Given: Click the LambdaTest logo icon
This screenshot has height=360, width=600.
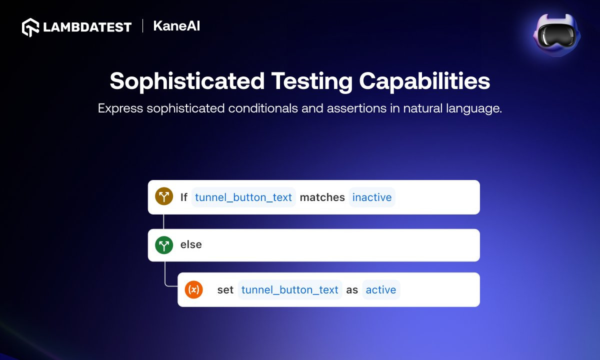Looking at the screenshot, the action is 30,27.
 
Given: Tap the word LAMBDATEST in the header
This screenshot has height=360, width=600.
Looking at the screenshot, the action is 87,27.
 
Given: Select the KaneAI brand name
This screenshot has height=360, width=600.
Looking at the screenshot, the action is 176,26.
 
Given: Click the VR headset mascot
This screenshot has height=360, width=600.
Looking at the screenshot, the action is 556,35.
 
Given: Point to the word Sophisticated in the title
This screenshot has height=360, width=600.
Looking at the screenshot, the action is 187,81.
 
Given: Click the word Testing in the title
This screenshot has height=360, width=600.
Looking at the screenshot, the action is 312,81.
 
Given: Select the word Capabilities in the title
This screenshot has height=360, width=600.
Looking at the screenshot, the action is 424,81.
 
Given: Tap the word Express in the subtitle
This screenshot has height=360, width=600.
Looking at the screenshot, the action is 120,108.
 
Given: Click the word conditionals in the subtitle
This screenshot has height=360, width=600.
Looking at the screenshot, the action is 263,108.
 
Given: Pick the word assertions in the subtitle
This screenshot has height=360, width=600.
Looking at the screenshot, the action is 356,108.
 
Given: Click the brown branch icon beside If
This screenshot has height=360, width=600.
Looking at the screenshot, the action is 164,196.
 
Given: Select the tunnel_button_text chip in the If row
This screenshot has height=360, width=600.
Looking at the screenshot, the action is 243,197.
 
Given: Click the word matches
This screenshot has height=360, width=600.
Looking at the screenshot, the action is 322,197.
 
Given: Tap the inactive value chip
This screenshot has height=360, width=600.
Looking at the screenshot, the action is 372,197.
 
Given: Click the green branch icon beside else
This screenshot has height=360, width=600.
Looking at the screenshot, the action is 164,245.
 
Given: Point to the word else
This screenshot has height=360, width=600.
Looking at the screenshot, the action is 191,244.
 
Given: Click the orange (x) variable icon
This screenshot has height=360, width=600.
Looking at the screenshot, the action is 193,289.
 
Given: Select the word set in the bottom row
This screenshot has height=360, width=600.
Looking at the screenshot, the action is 225,290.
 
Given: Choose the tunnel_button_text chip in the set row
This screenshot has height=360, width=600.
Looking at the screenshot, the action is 290,290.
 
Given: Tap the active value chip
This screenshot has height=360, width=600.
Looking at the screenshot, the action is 381,290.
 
